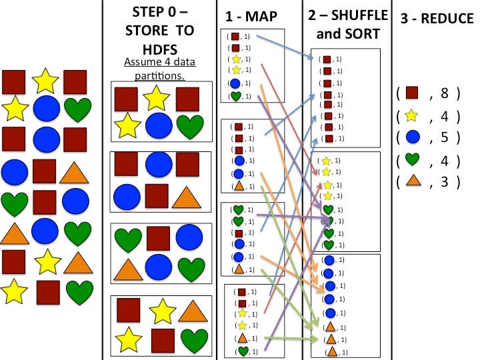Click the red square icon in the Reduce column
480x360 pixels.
(413, 93)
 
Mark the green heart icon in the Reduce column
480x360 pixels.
(413, 160)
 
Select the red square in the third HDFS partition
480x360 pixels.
(158, 239)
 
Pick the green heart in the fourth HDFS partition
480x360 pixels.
(194, 339)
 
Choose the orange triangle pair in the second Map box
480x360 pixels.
(239, 186)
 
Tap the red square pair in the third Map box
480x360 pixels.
(239, 233)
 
